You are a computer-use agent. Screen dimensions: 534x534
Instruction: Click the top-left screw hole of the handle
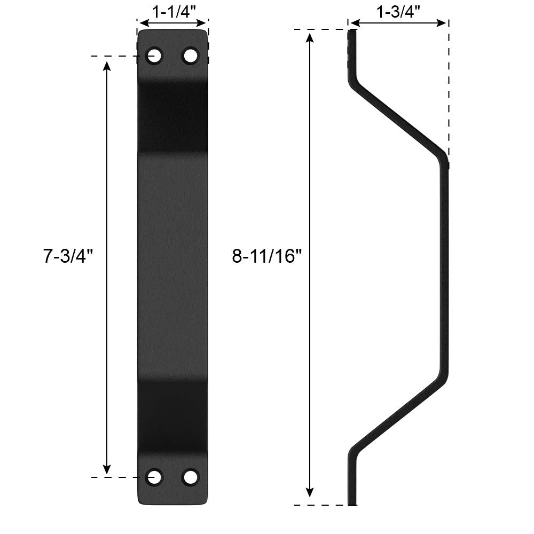tap(155, 56)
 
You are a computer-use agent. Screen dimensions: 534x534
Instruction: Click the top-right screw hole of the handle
tap(190, 56)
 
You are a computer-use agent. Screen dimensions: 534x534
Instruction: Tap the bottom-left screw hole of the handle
tap(155, 476)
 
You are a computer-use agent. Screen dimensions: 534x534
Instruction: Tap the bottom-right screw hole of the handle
tap(190, 476)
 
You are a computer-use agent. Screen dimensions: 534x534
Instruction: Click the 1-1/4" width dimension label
tap(172, 12)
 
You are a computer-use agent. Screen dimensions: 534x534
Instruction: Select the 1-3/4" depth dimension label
tap(398, 12)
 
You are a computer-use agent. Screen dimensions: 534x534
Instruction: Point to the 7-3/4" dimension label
tap(68, 256)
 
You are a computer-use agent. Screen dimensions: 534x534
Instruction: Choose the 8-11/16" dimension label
tap(267, 256)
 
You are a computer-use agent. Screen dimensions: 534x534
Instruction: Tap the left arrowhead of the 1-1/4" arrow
tap(142, 23)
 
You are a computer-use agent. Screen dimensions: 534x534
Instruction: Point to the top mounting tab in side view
tap(352, 53)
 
